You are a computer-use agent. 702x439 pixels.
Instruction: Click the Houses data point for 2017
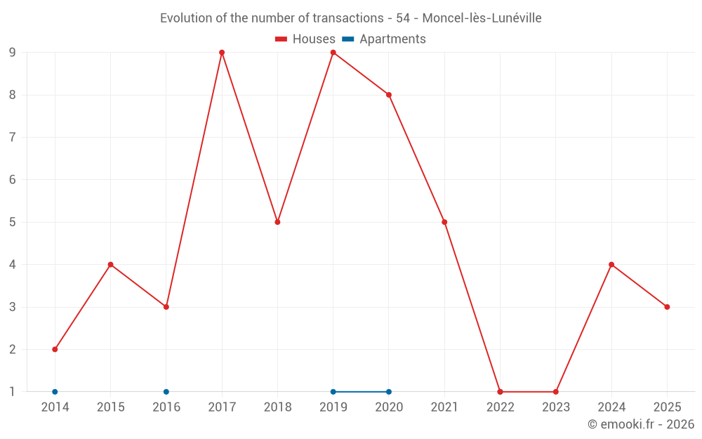(222, 53)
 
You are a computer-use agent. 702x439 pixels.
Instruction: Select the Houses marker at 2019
(333, 53)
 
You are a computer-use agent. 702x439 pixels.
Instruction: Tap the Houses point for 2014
(55, 349)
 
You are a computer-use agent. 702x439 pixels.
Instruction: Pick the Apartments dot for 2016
(166, 392)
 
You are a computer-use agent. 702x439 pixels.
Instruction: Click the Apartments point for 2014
(55, 392)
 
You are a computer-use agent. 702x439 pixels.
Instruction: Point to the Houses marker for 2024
(611, 265)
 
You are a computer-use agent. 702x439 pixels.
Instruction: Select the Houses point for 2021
(444, 222)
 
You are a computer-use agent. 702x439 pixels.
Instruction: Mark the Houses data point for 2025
(667, 307)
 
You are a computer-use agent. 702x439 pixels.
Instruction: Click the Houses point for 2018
(277, 222)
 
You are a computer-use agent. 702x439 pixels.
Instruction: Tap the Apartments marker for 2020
(389, 392)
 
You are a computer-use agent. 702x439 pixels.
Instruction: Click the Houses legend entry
(305, 39)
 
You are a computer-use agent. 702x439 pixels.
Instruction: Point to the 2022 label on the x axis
(500, 407)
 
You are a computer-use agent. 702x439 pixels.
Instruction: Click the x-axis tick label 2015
(110, 407)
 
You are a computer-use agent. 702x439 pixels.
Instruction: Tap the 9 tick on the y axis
(13, 53)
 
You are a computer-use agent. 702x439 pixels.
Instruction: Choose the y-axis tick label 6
(13, 180)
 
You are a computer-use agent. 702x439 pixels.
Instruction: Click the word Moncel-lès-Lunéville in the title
(482, 18)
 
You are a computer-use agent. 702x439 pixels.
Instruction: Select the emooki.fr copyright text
(641, 424)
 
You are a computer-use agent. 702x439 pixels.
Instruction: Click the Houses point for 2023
(555, 392)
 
